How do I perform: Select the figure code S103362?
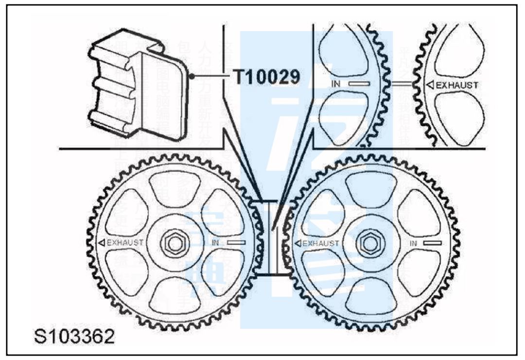pos(74,336)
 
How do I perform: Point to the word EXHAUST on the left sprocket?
pos(125,242)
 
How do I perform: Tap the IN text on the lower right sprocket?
pos(414,243)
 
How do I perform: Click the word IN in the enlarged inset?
pos(335,84)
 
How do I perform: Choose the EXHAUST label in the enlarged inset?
pos(456,85)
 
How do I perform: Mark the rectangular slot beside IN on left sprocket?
pos(236,242)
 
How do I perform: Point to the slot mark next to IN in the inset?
pos(359,84)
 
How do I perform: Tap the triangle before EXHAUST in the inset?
pos(430,85)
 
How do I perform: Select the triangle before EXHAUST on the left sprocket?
pos(102,242)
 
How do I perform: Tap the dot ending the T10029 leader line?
pos(192,76)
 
